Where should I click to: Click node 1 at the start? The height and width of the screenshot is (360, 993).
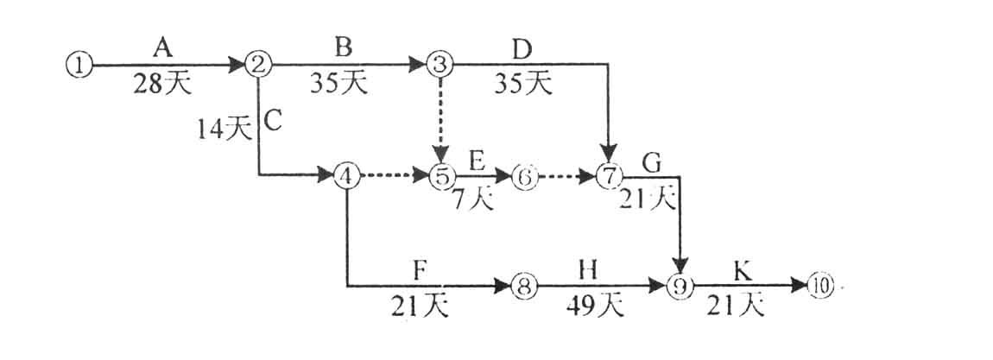click(79, 65)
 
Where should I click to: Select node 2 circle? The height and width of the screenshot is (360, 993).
click(258, 64)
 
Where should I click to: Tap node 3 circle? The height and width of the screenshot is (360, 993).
click(440, 64)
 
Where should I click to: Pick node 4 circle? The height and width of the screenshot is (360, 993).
click(345, 175)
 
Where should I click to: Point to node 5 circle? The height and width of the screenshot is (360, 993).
click(440, 175)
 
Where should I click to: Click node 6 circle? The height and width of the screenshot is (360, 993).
click(524, 175)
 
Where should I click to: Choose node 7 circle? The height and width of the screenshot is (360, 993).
click(609, 175)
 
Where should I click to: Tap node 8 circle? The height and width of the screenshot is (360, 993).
click(524, 285)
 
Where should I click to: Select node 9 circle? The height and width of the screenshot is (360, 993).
click(682, 285)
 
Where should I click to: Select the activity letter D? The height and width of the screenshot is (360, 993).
click(522, 44)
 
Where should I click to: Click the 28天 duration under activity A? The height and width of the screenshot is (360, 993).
click(161, 85)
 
